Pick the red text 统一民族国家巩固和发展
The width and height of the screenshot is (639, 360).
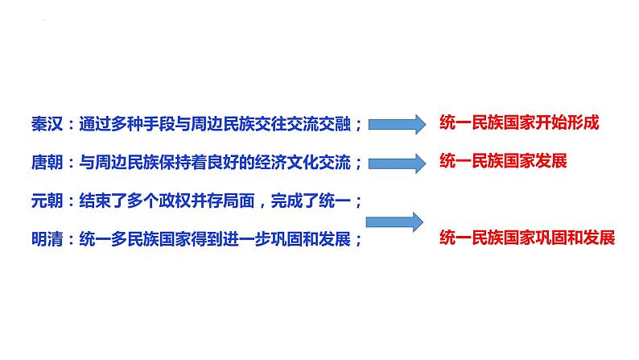click(528, 238)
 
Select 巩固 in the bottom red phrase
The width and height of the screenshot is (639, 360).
click(560, 238)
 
